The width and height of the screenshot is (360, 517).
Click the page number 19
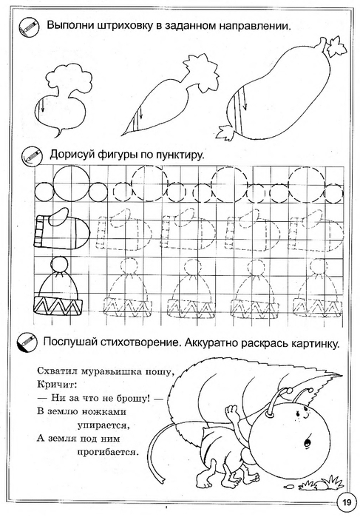click(346, 502)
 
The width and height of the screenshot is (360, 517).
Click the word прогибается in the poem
click(106, 453)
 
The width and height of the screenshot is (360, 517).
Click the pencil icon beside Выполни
click(29, 27)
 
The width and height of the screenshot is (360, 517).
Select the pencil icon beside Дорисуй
click(32, 155)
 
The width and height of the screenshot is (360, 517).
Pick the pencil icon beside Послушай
click(27, 342)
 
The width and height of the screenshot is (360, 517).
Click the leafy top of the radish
click(68, 79)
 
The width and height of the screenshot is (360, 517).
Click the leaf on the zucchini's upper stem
click(336, 47)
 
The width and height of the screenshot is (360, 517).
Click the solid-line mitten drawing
click(62, 229)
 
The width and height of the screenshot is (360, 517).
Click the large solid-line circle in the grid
click(72, 183)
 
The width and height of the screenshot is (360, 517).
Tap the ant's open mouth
click(308, 442)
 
